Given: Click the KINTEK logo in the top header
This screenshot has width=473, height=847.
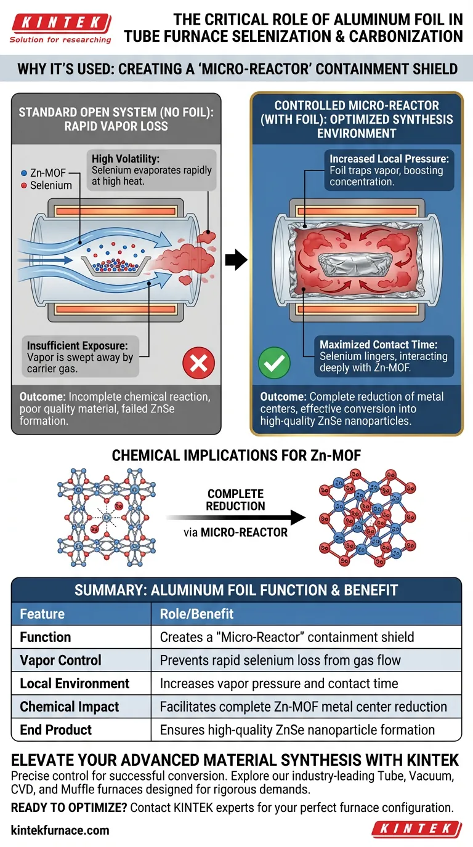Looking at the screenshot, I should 60,24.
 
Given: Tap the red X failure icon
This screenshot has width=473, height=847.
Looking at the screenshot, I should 198,363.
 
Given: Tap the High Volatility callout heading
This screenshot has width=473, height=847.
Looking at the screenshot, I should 124,159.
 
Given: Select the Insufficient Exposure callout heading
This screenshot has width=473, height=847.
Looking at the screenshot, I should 76,347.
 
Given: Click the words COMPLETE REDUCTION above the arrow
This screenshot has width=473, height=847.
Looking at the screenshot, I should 236,500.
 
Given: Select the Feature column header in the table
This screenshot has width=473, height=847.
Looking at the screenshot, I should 42,614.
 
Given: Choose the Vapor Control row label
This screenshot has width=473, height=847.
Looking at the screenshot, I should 60,660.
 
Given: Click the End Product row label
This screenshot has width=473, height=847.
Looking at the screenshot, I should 55,729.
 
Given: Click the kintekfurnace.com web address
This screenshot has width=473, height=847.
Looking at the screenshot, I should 60,830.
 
